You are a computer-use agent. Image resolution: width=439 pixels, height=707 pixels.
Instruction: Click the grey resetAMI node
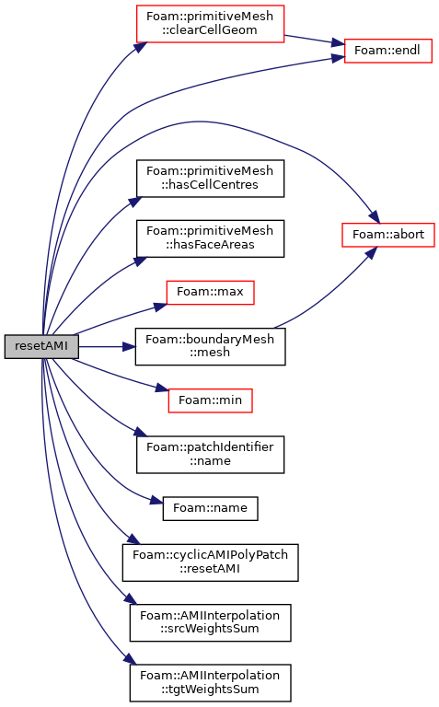pyautogui.click(x=41, y=346)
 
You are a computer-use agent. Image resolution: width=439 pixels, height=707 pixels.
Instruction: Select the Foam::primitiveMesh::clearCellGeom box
pyautogui.click(x=210, y=24)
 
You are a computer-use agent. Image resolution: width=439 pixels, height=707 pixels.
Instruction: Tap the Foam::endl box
pyautogui.click(x=387, y=51)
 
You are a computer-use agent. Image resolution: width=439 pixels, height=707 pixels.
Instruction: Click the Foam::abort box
pyautogui.click(x=388, y=235)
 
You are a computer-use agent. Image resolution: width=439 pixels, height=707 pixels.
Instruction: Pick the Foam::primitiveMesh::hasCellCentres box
pyautogui.click(x=210, y=178)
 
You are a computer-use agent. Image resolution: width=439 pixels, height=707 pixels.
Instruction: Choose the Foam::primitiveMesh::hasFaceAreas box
pyautogui.click(x=210, y=238)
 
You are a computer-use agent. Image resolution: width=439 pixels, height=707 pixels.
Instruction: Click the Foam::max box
pyautogui.click(x=210, y=292)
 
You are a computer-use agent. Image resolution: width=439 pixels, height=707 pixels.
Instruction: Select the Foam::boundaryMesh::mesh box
pyautogui.click(x=210, y=346)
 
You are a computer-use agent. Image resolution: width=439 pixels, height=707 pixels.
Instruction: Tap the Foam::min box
pyautogui.click(x=210, y=400)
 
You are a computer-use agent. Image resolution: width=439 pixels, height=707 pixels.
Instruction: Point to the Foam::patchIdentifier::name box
pyautogui.click(x=210, y=455)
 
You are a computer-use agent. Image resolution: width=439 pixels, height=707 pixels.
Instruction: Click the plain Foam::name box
pyautogui.click(x=210, y=508)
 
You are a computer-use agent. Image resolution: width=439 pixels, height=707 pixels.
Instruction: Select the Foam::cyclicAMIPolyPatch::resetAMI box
pyautogui.click(x=210, y=562)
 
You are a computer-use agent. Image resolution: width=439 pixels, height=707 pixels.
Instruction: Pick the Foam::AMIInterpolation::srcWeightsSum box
pyautogui.click(x=210, y=622)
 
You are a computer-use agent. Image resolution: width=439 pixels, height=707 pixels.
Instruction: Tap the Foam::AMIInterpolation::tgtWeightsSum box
pyautogui.click(x=210, y=683)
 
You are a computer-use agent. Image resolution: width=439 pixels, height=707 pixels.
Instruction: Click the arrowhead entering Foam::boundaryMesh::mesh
pyautogui.click(x=130, y=347)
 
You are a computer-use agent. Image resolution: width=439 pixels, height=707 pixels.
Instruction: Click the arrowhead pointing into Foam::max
pyautogui.click(x=161, y=307)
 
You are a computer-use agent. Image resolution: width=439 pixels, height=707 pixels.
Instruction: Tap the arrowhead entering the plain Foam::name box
pyautogui.click(x=156, y=501)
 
